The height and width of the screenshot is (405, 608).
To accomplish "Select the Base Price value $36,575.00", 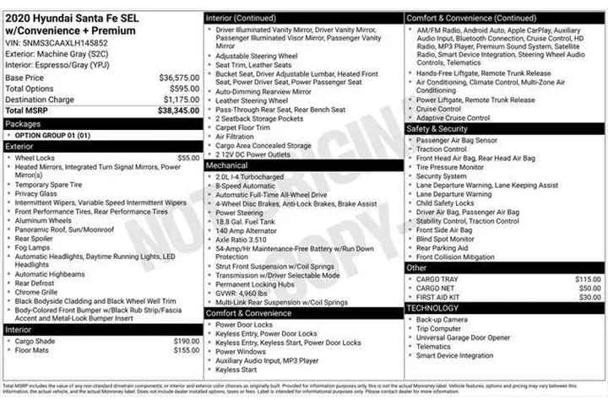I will (180, 77).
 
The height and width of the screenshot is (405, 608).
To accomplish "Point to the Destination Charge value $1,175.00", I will (180, 99).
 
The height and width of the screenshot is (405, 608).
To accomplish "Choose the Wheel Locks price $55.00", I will (188, 158).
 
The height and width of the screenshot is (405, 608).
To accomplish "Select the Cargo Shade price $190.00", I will (187, 341).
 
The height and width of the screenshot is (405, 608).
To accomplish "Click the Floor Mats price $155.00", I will (187, 350).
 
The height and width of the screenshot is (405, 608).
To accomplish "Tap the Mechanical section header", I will (227, 166).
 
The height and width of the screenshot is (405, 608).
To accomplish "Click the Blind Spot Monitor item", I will (445, 239).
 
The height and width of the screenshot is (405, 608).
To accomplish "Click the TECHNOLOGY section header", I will (432, 309).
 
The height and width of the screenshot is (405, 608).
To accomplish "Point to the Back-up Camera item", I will (442, 320).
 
